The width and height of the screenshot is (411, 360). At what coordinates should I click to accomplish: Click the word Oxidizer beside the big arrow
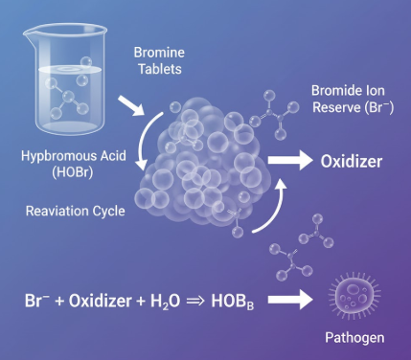[351, 161]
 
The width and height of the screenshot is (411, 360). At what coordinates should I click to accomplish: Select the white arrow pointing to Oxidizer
[293, 160]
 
